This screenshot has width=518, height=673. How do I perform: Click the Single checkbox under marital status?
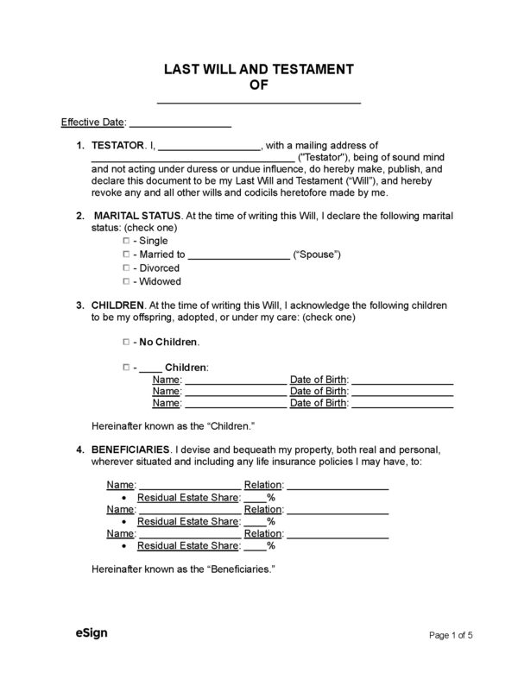point(126,241)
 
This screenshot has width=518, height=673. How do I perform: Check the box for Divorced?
point(126,268)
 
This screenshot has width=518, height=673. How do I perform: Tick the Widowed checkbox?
point(126,282)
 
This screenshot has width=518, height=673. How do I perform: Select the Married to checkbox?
point(126,255)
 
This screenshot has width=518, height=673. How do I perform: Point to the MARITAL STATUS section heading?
point(137,215)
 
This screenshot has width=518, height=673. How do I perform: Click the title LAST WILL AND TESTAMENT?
point(258,69)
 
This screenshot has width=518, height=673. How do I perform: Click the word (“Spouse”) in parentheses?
point(317,255)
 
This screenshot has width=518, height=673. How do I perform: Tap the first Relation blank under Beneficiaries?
point(338,487)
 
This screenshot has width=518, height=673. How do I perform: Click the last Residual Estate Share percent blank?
point(255,547)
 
